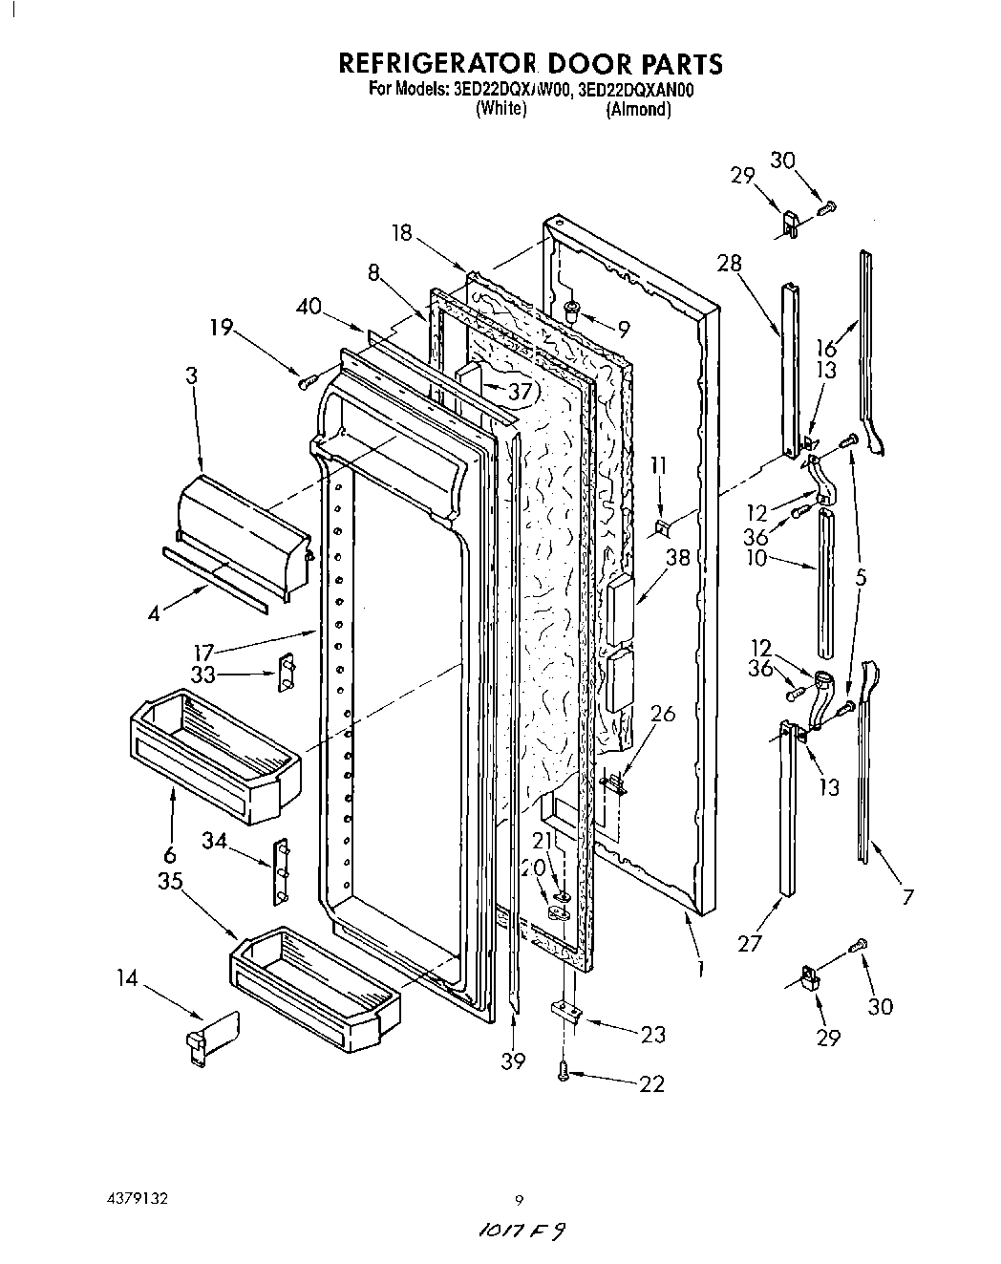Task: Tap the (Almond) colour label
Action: [638, 109]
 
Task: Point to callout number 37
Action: [520, 392]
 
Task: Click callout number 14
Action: [128, 978]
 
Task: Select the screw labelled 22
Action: [564, 1074]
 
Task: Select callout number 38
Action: [678, 558]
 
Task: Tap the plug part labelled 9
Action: [572, 309]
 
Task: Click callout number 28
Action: [730, 263]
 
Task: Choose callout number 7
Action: [907, 896]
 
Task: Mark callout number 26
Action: [663, 713]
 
